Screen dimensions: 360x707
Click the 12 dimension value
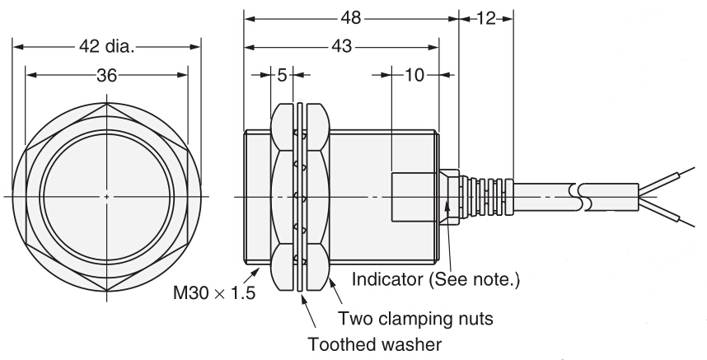pos(485,17)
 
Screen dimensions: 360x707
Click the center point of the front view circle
pos(108,196)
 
